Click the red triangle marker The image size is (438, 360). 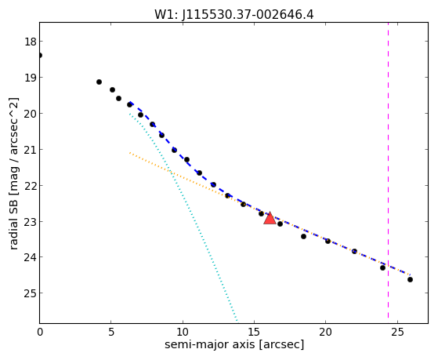coord(270,219)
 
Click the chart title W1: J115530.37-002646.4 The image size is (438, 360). coord(234,14)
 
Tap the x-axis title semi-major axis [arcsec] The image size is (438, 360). coord(234,344)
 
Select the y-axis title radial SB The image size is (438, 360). coord(13,223)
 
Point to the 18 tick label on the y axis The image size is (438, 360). coord(31,42)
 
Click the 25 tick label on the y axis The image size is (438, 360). coord(31,293)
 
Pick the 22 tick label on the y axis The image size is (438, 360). coord(31,185)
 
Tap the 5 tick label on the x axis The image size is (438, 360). coord(111,332)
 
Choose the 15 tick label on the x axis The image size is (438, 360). coord(254,332)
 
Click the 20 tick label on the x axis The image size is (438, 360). coord(325,332)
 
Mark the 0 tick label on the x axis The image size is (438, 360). coord(40,332)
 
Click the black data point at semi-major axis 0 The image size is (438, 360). coord(40,55)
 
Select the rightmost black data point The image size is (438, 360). coord(410,279)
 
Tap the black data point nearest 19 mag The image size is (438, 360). coord(99,82)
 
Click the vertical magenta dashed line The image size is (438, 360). coord(388,173)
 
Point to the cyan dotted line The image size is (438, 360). coord(183,217)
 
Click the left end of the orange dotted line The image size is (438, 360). coord(129,153)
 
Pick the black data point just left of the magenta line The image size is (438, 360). coord(382,267)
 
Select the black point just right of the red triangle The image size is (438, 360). coord(280,224)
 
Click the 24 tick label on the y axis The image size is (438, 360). coord(31,257)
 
